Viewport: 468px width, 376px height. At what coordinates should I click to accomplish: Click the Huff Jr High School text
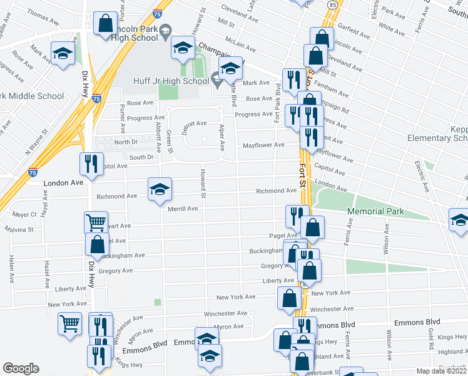[171, 81]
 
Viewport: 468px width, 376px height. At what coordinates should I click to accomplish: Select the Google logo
[21, 368]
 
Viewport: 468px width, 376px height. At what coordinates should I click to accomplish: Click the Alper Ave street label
[221, 137]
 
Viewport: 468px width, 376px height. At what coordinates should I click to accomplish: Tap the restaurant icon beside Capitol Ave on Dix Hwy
[92, 164]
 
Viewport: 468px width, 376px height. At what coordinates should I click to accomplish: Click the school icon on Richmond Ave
[160, 189]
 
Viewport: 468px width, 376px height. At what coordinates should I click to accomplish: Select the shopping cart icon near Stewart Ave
[96, 222]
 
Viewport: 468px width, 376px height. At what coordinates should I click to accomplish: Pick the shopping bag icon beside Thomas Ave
[105, 23]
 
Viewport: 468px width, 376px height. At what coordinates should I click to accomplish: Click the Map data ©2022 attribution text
[441, 371]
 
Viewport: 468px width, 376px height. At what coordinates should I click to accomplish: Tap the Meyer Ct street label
[24, 214]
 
